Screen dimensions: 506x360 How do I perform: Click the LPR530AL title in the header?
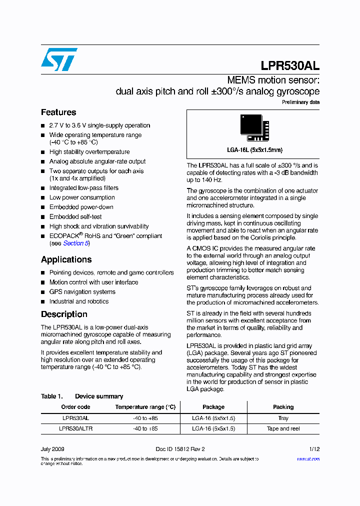coord(290,66)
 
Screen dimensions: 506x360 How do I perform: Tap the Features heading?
coord(58,112)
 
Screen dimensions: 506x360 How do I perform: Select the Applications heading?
coord(66,259)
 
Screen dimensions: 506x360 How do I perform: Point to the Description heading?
coord(64,314)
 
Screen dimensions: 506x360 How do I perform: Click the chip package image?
coord(254,127)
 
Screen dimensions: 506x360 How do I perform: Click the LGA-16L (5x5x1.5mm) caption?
coord(254,150)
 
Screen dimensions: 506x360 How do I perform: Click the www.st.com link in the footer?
coord(308,458)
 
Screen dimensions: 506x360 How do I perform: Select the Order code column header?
coord(75,407)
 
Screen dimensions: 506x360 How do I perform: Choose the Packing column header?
coord(283,407)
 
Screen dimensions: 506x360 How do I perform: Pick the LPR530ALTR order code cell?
coord(75,428)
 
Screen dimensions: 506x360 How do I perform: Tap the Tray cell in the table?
coord(283,418)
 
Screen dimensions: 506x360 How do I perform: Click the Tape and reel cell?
coord(283,428)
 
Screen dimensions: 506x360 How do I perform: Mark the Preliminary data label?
coord(300,102)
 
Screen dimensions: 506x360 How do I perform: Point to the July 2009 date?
coord(52,449)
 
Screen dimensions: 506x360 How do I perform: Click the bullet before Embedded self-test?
coord(43,217)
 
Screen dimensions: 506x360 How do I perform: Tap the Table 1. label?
coord(51,396)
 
